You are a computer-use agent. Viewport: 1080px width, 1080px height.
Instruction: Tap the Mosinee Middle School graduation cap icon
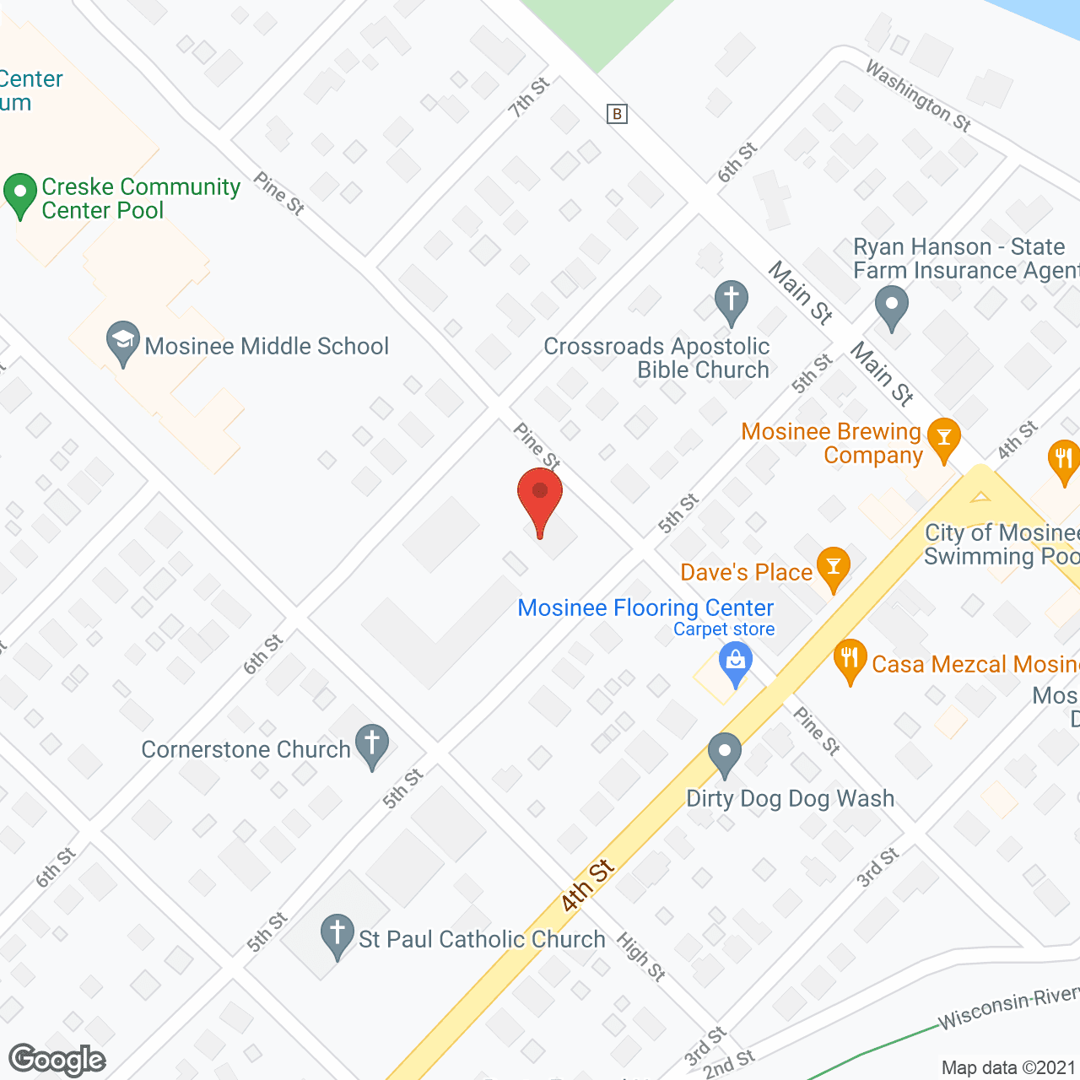click(123, 342)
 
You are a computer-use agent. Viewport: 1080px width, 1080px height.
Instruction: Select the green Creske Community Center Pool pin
click(20, 194)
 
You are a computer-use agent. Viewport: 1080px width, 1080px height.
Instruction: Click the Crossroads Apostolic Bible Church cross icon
click(732, 301)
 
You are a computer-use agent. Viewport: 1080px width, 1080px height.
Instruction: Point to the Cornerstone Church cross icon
click(372, 746)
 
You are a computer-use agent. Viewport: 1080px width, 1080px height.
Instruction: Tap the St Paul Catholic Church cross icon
click(337, 936)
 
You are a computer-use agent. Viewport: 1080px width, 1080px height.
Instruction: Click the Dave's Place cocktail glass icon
click(834, 568)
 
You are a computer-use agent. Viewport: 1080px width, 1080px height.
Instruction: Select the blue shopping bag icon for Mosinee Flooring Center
click(736, 663)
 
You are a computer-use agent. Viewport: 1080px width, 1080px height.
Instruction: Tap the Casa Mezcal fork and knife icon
click(850, 661)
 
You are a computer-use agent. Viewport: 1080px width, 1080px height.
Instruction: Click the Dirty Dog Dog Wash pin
click(725, 753)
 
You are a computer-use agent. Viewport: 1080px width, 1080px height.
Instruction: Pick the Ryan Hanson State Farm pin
click(891, 307)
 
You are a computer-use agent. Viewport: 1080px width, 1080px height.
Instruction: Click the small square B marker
click(618, 114)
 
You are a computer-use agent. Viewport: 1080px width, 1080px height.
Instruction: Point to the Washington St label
click(919, 95)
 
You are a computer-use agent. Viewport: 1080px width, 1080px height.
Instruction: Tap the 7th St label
click(529, 97)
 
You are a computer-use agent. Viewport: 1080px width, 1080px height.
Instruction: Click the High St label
click(641, 957)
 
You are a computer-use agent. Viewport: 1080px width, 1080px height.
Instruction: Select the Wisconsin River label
click(1008, 1008)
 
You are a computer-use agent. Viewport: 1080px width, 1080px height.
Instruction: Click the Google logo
click(57, 1060)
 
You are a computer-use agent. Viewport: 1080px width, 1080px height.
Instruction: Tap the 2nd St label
click(728, 1065)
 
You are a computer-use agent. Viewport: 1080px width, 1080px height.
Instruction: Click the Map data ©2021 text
click(1008, 1067)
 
